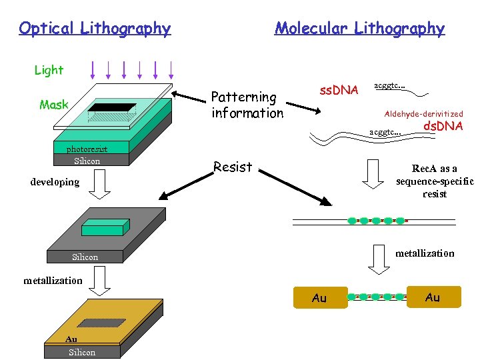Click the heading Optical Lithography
[95, 28]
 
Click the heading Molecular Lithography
[359, 28]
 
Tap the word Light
[49, 70]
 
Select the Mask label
[53, 105]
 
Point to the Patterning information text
[247, 105]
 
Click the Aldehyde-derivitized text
[423, 114]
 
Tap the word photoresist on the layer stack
[87, 149]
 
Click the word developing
[55, 181]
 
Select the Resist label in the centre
[233, 167]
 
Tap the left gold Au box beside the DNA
[319, 298]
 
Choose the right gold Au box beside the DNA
[433, 297]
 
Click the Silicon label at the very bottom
[82, 352]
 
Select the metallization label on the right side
[425, 253]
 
